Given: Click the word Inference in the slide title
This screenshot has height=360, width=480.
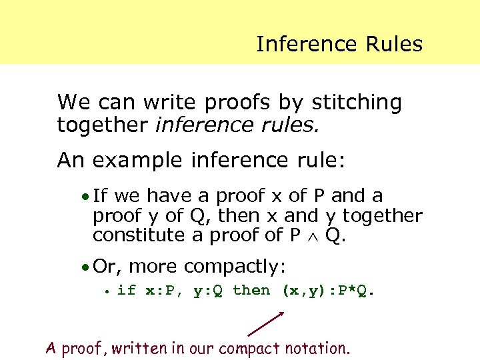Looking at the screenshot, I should pos(298,44).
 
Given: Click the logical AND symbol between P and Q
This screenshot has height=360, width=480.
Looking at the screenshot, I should pos(312,236).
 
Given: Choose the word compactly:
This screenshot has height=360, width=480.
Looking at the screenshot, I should pos(235,267).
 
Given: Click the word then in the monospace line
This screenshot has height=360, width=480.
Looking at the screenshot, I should pos(251,290).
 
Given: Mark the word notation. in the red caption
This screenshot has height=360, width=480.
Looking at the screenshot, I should pos(317,347).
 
